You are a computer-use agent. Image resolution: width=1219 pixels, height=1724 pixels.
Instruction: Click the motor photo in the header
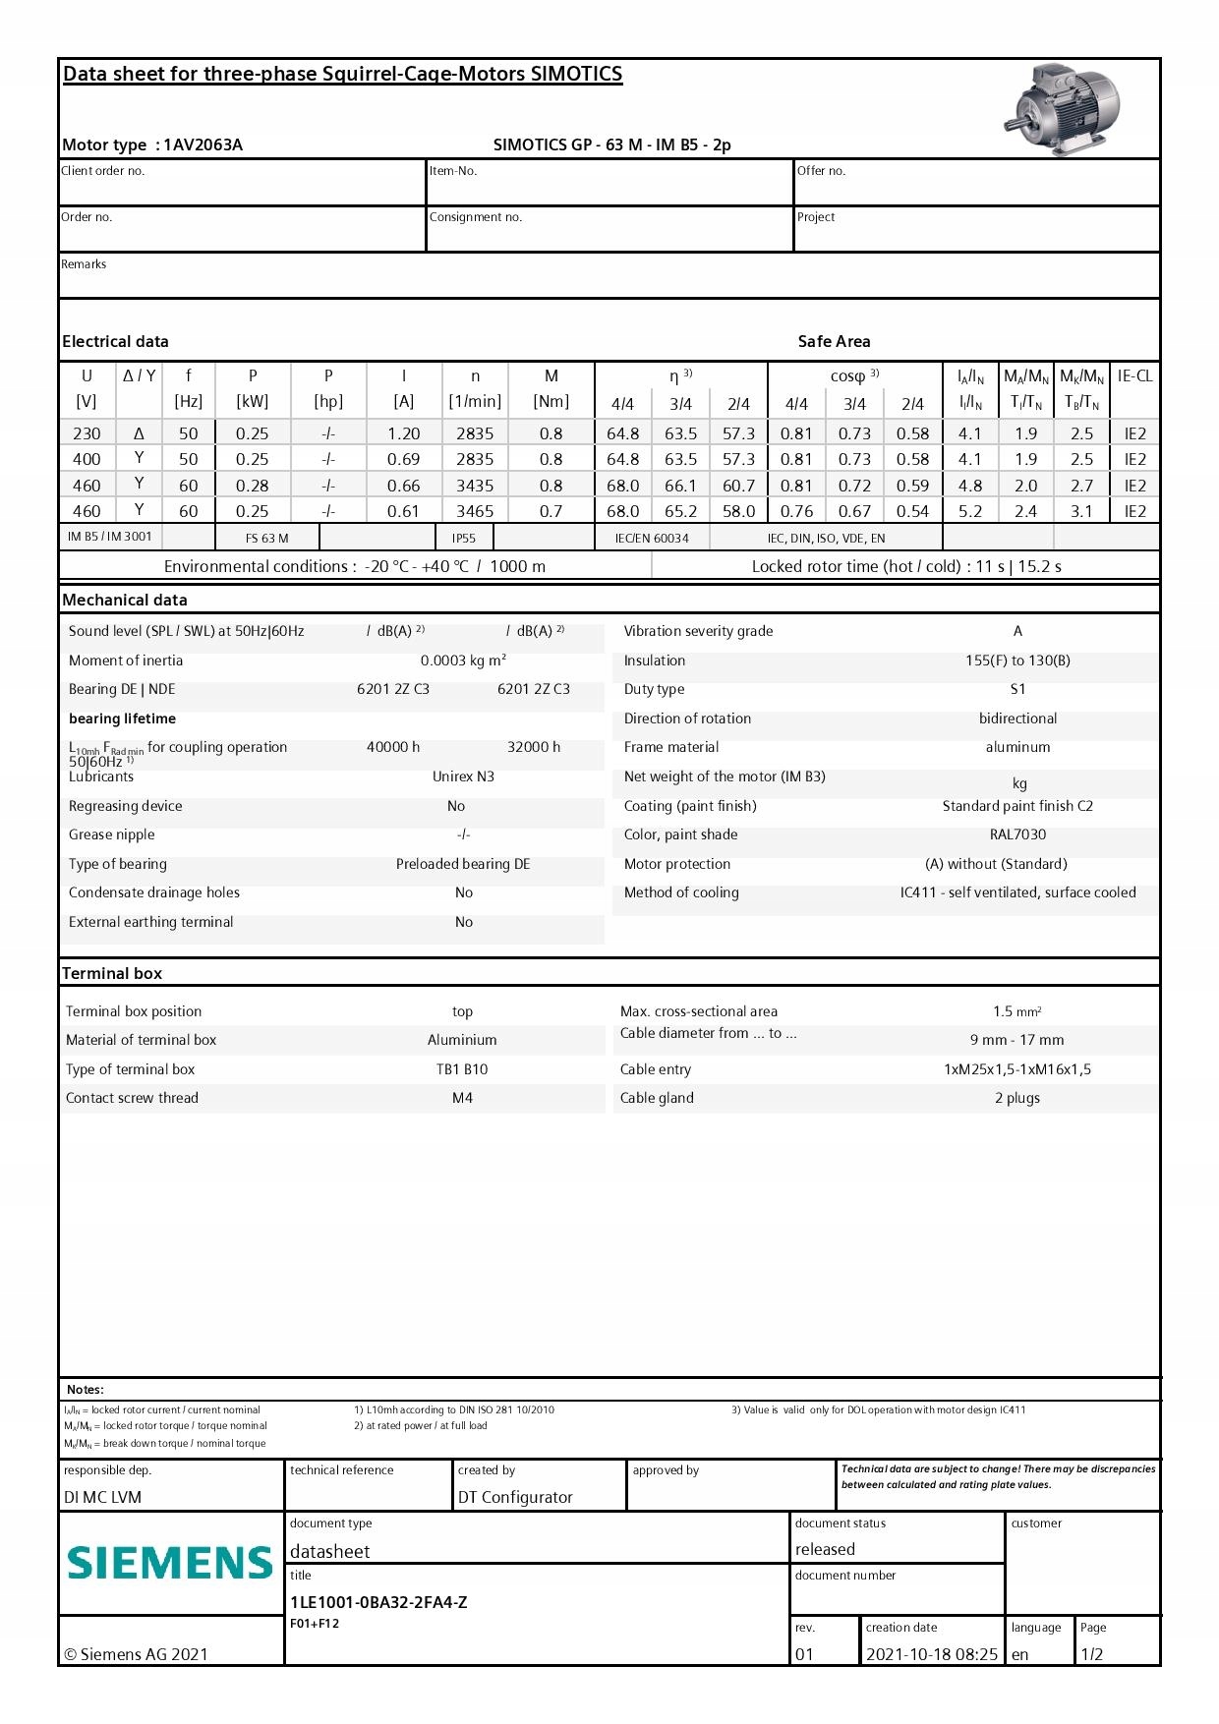1063,109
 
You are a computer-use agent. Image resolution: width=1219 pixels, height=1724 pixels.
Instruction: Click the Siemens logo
170,1563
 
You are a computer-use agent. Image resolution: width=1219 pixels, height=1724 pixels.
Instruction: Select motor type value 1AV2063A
203,144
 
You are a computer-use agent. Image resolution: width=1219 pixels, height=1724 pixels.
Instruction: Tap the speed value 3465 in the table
475,511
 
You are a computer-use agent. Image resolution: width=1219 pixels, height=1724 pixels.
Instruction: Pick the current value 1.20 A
403,433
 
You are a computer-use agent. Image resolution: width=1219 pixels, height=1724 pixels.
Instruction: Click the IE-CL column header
1134,376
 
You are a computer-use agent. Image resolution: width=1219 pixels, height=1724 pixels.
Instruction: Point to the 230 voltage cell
87,433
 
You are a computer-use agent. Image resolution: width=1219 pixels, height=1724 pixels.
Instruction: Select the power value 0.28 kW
253,486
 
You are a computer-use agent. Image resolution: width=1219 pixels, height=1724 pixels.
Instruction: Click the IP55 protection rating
464,538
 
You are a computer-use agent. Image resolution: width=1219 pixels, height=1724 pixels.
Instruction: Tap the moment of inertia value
463,661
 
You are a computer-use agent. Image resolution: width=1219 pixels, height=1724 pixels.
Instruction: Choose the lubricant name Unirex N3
463,776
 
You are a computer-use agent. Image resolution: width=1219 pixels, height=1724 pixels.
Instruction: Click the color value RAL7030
1017,834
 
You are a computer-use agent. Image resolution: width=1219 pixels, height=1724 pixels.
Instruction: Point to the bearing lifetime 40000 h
393,747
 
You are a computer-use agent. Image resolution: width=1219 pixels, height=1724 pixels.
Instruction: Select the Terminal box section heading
112,973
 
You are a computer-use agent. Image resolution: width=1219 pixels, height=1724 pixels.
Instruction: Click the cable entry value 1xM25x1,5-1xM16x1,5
1017,1069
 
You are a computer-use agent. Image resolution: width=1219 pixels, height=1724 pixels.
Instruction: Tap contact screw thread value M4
462,1098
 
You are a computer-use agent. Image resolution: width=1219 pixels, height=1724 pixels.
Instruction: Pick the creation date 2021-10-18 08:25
931,1654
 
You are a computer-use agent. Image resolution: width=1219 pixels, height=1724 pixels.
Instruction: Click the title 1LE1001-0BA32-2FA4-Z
378,1602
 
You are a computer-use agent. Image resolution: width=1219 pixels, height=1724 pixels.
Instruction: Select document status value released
825,1549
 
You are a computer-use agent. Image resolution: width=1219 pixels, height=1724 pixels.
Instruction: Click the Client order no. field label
103,171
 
